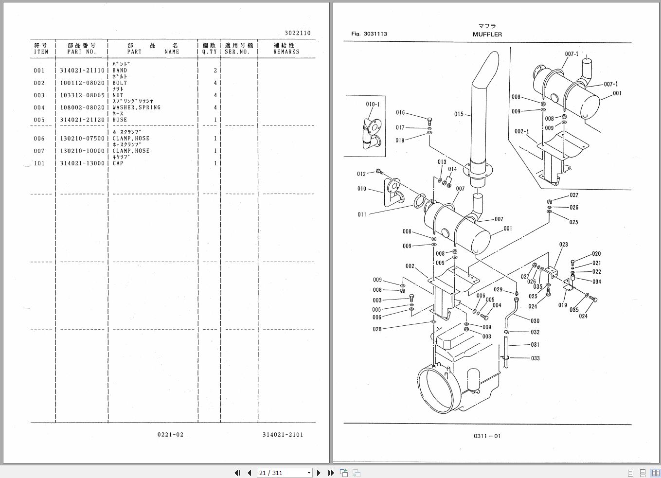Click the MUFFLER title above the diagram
487,35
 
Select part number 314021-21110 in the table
82,71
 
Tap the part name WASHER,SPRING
136,107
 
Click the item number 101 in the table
39,163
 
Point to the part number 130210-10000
82,151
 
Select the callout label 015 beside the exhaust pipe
459,114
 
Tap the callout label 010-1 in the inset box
373,104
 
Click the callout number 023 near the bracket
563,245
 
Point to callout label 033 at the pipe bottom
535,358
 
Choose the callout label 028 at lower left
377,329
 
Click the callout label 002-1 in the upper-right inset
522,131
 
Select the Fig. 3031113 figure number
369,34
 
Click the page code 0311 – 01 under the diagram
486,436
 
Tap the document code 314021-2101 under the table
282,434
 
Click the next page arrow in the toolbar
319,473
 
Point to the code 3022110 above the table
297,33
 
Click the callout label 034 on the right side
596,282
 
